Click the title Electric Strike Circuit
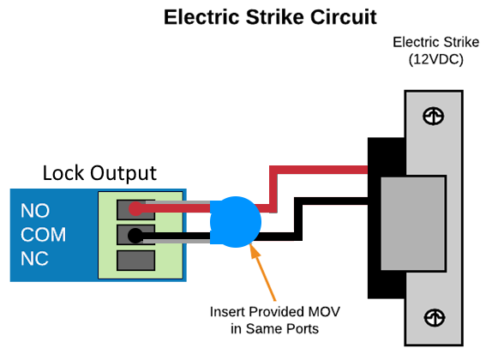270,17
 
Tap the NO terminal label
35,211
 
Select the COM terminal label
44,235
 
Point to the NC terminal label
34,259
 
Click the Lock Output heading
99,173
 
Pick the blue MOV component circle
236,222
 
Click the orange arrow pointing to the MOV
263,272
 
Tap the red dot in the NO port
135,209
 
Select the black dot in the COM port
135,236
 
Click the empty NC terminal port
136,261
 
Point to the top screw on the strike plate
434,116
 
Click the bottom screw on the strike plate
435,318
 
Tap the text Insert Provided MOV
275,312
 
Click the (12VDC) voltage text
435,59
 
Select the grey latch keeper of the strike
413,224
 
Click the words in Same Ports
275,329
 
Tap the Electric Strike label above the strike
435,42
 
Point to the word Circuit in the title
344,17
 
